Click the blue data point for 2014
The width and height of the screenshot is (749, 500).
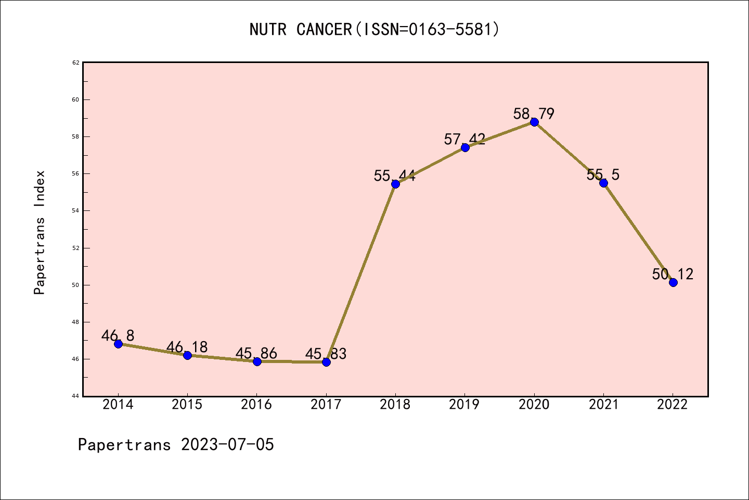point(118,344)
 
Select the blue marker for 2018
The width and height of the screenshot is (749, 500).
point(395,184)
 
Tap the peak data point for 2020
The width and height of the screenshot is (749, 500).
point(534,122)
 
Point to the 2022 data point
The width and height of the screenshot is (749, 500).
point(673,282)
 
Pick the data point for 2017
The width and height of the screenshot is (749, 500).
point(326,362)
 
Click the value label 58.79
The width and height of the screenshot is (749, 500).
point(534,114)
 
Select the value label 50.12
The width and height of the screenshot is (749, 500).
point(673,274)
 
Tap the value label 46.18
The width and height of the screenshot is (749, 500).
point(187,347)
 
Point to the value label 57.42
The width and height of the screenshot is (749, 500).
point(464,139)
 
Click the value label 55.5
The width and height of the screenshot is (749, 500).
point(603,174)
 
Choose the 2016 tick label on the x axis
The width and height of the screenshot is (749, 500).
point(256,405)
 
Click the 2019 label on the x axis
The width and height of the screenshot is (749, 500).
point(464,405)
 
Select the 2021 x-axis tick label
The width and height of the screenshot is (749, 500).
point(603,405)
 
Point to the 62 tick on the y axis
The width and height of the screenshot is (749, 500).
point(76,63)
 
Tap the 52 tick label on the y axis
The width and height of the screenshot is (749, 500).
point(76,248)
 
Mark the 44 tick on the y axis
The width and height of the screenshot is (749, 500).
point(76,396)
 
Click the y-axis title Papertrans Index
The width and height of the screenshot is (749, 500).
point(40,232)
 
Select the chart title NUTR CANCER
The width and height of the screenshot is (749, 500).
point(301,29)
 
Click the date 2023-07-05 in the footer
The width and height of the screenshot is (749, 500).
point(227,445)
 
